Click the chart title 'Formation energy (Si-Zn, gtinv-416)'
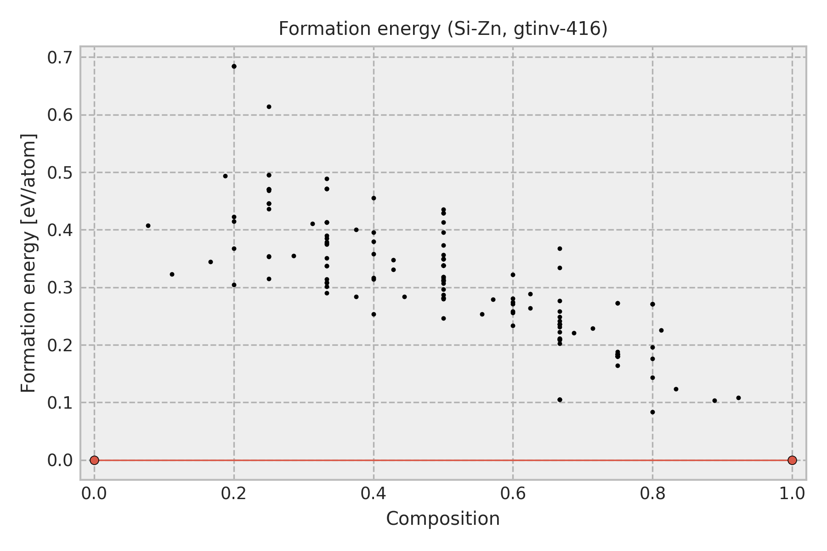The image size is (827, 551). (443, 29)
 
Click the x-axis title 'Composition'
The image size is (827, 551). (443, 519)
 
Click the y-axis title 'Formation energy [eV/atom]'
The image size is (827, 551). (28, 264)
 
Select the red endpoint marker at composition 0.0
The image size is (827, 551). (94, 460)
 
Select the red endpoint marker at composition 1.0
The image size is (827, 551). (792, 460)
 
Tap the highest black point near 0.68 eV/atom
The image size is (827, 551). (234, 66)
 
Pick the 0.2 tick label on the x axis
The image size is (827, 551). (234, 494)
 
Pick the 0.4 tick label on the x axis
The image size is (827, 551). (374, 494)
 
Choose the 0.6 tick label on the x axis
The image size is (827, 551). (513, 494)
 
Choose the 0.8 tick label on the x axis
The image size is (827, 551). (652, 494)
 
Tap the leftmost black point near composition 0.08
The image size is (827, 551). (148, 225)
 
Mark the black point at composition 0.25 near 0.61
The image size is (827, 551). (269, 107)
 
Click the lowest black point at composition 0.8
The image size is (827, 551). (652, 412)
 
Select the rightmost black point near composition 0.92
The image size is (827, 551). (738, 398)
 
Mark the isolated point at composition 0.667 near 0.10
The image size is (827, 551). (560, 399)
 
